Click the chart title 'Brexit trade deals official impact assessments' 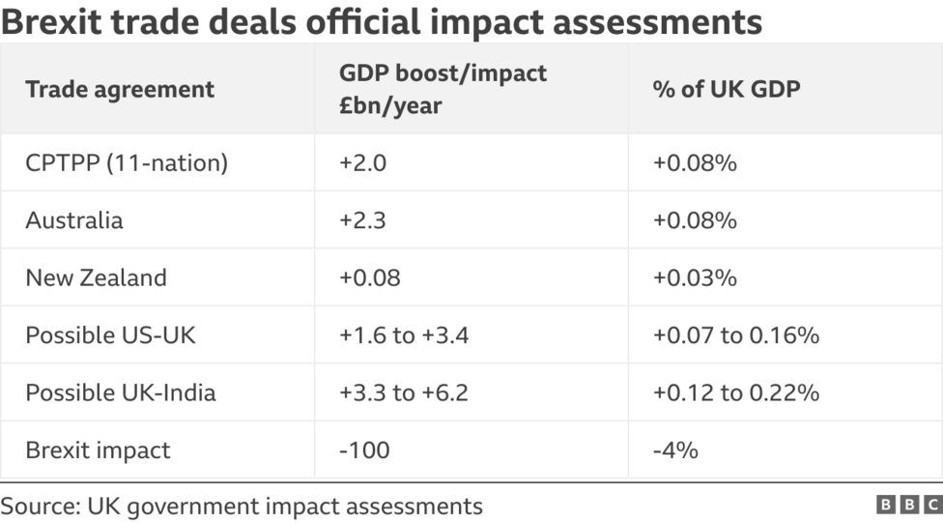(382, 21)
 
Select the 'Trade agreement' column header (120, 90)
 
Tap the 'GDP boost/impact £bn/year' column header (443, 89)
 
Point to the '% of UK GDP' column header (727, 90)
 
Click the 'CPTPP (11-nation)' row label (127, 163)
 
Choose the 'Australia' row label (74, 220)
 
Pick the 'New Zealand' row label (96, 277)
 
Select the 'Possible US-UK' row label (111, 335)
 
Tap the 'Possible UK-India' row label (121, 392)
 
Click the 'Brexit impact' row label (98, 450)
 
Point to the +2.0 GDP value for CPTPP (362, 163)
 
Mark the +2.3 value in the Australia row (362, 220)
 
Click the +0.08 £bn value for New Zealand (369, 277)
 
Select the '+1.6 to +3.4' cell (404, 335)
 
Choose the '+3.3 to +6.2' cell (404, 392)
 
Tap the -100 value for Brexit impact (364, 450)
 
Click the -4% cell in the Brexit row (675, 450)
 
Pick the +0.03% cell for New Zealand (695, 277)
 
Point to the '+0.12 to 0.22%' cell (736, 392)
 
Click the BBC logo (908, 505)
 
